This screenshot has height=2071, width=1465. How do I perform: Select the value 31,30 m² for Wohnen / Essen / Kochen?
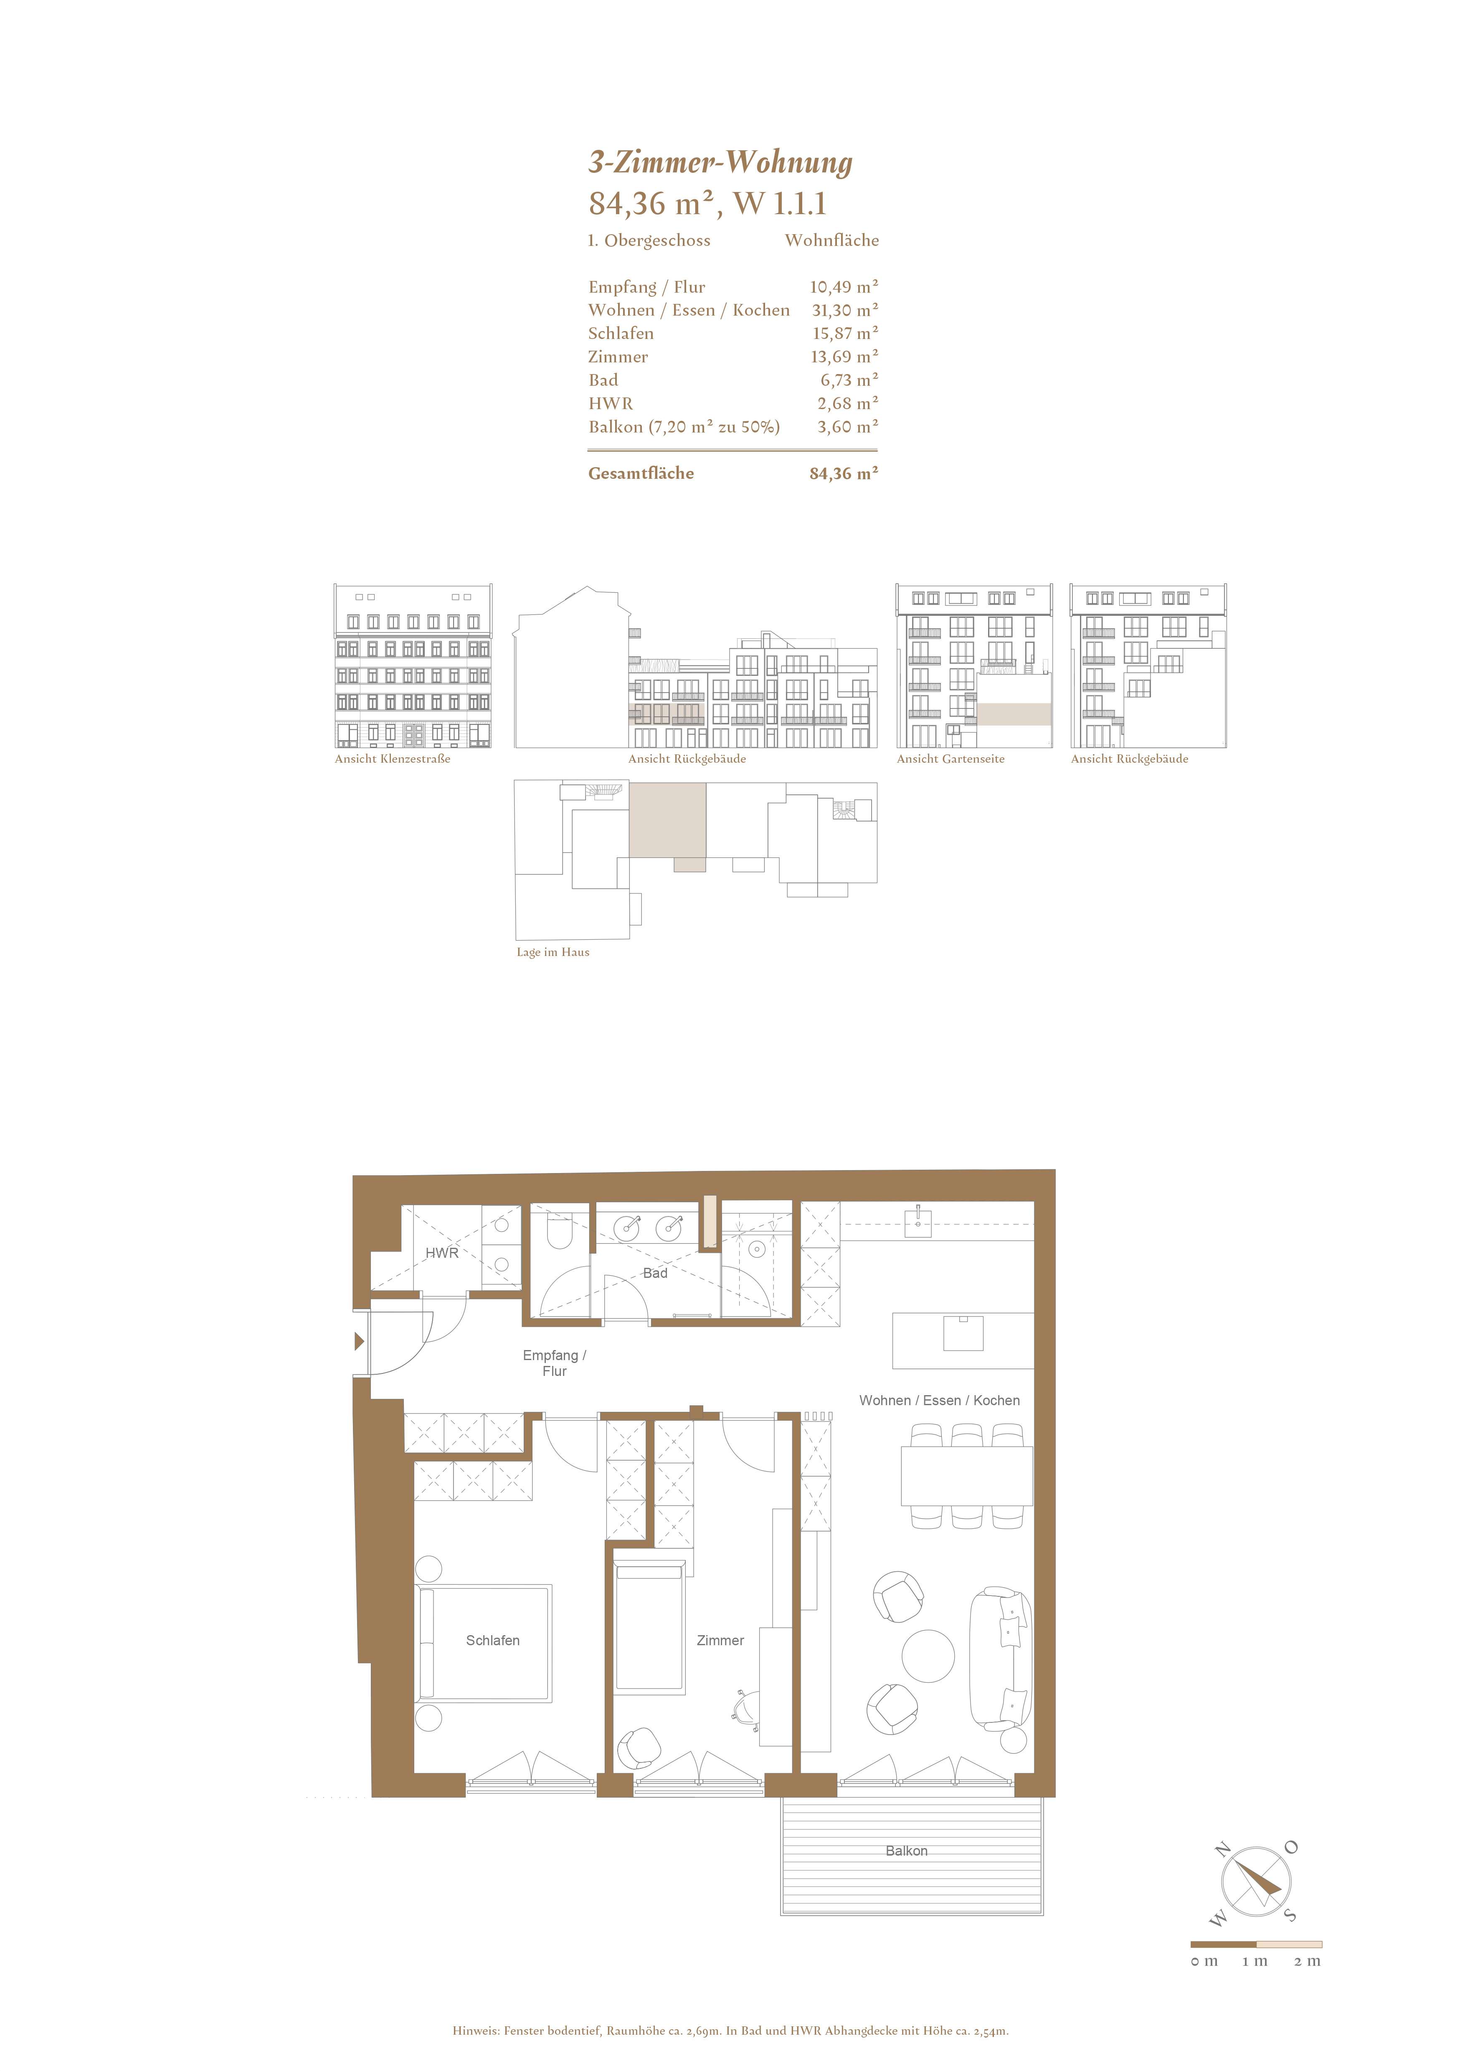pyautogui.click(x=844, y=310)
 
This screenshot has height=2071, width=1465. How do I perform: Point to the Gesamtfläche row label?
pyautogui.click(x=641, y=473)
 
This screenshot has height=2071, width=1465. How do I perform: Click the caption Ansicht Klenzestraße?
pyautogui.click(x=393, y=759)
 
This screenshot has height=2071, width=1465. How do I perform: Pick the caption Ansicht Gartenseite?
pyautogui.click(x=950, y=759)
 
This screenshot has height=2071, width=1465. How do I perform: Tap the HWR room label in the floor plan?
pyautogui.click(x=442, y=1253)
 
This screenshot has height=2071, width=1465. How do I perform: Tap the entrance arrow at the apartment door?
pyautogui.click(x=359, y=1341)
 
